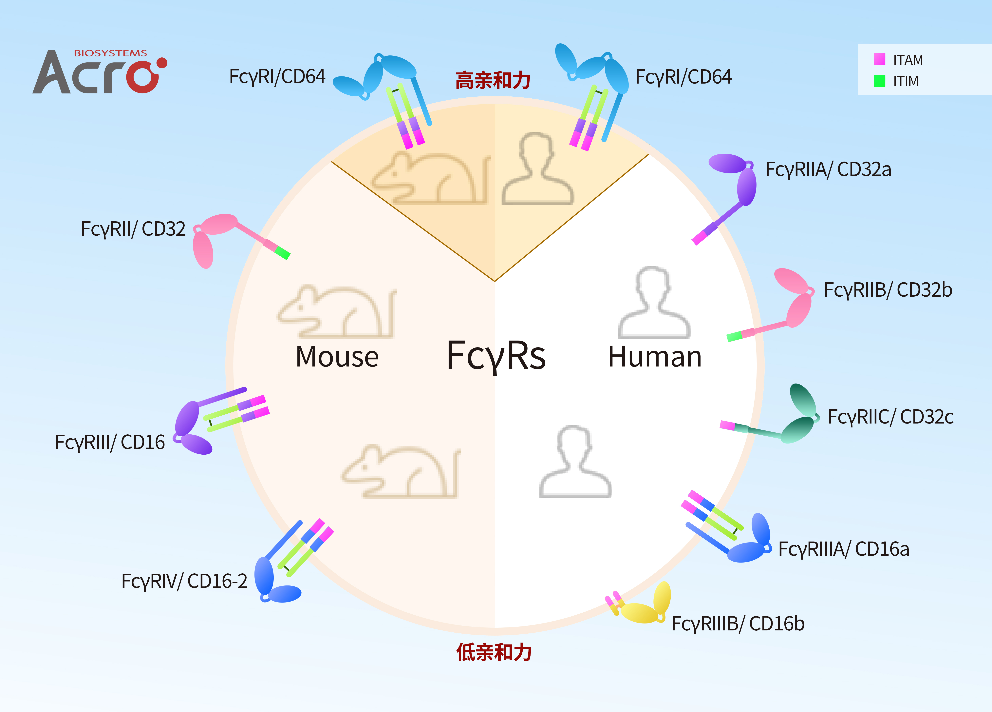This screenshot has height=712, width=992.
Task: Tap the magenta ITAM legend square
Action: pos(879,59)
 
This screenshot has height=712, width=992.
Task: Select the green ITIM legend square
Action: pos(879,81)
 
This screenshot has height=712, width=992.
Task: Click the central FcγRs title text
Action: pos(496,356)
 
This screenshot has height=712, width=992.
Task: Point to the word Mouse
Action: pos(337,357)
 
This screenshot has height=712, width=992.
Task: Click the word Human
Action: pos(655,357)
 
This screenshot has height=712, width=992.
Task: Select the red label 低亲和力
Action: pos(494,652)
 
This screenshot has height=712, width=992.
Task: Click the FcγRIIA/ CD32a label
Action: pos(828,169)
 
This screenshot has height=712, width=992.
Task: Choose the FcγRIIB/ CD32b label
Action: pos(888,290)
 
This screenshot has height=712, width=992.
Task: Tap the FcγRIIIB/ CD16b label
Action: pos(738,624)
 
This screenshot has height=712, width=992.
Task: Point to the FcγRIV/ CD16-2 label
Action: pos(184,581)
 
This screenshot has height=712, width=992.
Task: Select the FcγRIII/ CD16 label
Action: pos(110,442)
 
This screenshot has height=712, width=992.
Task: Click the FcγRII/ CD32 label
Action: pos(133,229)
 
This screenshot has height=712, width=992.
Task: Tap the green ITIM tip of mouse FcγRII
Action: pos(283,253)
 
